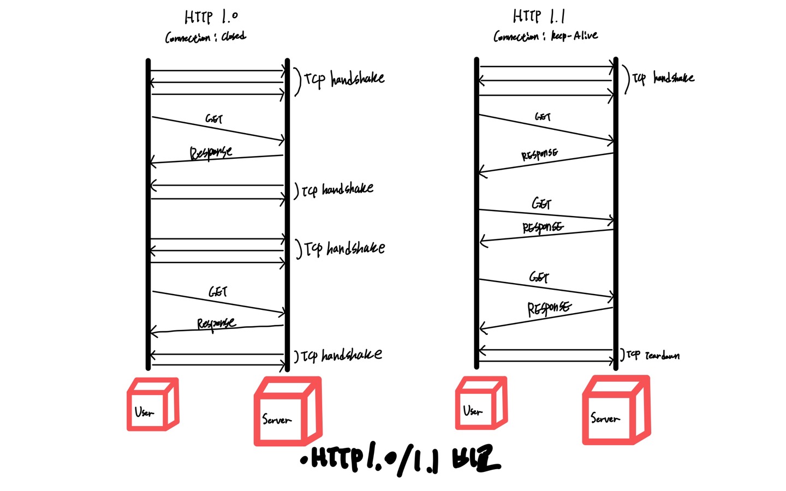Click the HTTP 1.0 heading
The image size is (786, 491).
click(211, 17)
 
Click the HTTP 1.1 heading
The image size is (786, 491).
click(538, 16)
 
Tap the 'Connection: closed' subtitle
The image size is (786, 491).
click(205, 37)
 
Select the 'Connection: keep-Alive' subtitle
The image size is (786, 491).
click(545, 36)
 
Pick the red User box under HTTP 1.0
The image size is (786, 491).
click(152, 405)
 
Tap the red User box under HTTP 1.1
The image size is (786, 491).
click(481, 403)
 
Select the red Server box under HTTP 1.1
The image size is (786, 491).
click(616, 410)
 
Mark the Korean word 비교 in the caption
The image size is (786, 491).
click(475, 460)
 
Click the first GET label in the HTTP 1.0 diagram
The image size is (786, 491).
click(214, 118)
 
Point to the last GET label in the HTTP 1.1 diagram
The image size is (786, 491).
click(539, 277)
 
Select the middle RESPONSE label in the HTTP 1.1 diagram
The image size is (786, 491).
click(543, 227)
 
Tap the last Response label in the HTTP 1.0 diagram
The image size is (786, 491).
click(216, 324)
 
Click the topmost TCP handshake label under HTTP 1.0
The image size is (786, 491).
click(344, 79)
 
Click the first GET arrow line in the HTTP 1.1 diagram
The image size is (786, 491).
click(546, 128)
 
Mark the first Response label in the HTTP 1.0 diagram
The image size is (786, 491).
click(211, 152)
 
